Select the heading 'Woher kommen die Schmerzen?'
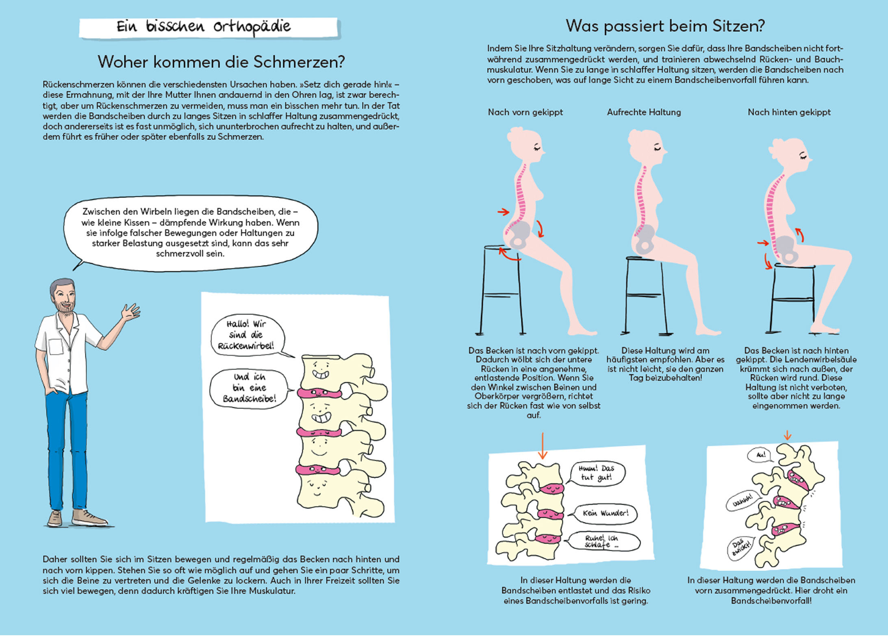click(221, 62)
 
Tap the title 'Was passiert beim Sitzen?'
click(665, 26)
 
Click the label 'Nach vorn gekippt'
click(525, 112)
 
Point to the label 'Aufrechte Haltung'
click(644, 112)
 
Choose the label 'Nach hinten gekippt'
click(789, 112)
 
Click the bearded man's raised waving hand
click(131, 313)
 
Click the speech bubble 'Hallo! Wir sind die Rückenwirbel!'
click(247, 335)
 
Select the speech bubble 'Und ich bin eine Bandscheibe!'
click(249, 388)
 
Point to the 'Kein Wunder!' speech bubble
click(605, 513)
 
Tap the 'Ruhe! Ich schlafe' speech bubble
click(604, 542)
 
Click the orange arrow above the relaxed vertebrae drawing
click(542, 447)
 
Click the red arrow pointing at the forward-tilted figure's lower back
click(503, 212)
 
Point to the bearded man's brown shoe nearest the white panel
click(88, 517)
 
